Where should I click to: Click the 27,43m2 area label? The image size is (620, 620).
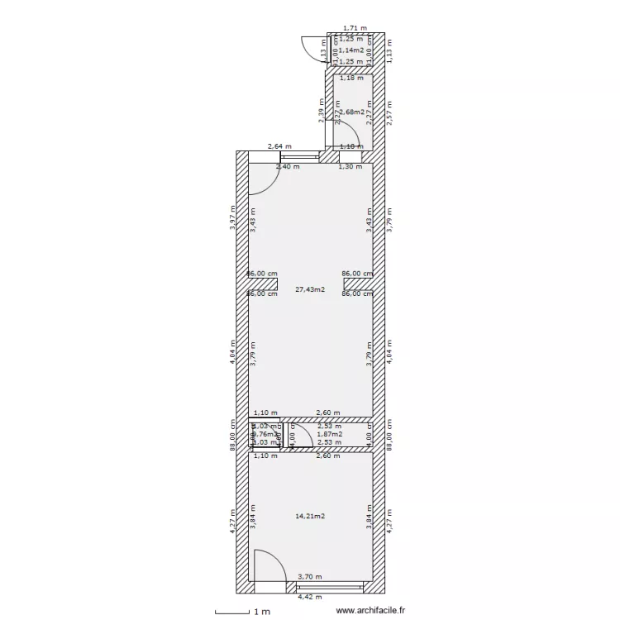pyautogui.click(x=310, y=290)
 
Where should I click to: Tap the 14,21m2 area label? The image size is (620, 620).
pyautogui.click(x=310, y=517)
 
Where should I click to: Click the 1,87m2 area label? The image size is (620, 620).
pyautogui.click(x=329, y=434)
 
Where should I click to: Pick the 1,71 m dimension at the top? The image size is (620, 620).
pyautogui.click(x=355, y=28)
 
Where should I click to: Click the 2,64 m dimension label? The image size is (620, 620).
pyautogui.click(x=279, y=147)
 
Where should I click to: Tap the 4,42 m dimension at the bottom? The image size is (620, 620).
pyautogui.click(x=309, y=597)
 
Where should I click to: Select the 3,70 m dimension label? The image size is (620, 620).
pyautogui.click(x=309, y=577)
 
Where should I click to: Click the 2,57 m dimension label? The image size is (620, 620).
pyautogui.click(x=390, y=114)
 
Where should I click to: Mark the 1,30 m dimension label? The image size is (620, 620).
pyautogui.click(x=351, y=167)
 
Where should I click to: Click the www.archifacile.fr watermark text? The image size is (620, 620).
pyautogui.click(x=371, y=611)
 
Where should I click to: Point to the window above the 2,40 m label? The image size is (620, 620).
pyautogui.click(x=300, y=155)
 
